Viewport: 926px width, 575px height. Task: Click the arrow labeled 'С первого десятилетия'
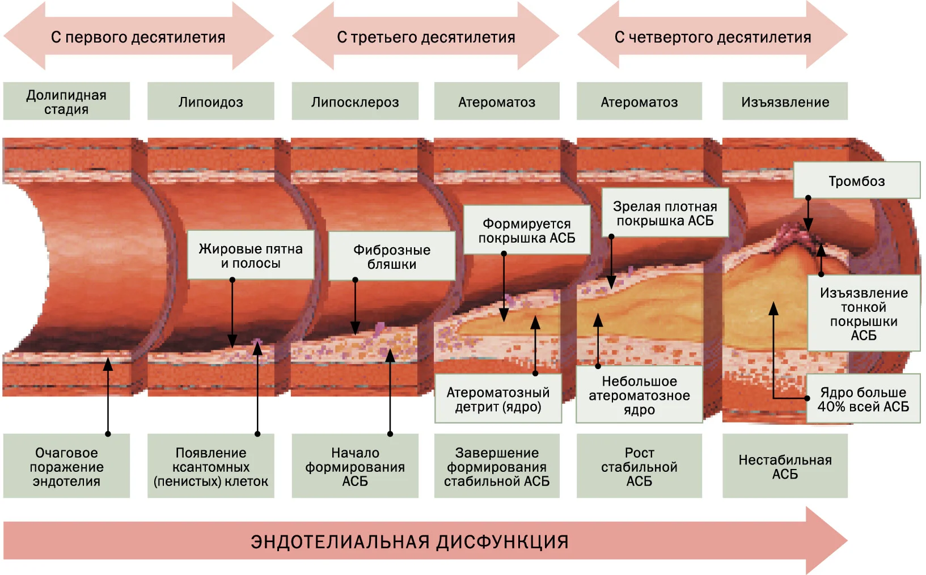pos(138,36)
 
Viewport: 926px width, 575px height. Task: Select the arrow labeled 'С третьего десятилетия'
pos(426,36)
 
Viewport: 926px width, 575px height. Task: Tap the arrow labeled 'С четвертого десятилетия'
pos(713,36)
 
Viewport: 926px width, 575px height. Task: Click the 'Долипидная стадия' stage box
pos(66,102)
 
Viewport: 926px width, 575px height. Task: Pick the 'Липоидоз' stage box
pos(211,102)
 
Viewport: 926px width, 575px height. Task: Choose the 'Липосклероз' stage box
pos(355,102)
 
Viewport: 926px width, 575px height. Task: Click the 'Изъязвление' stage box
pos(785,102)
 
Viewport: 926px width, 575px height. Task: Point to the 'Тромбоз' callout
pos(857,180)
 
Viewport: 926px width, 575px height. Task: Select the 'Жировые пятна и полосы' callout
pos(251,255)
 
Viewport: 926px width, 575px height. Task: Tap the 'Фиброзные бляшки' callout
pos(392,256)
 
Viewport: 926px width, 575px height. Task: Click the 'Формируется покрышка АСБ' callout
pos(527,230)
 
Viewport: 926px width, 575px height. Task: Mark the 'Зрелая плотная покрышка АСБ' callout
pos(665,213)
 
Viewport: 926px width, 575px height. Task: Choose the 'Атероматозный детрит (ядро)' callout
pos(498,399)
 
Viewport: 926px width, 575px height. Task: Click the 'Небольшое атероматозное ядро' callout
pos(639,394)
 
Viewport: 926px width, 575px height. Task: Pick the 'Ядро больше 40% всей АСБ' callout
pos(863,399)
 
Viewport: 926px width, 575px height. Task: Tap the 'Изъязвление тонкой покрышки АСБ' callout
pos(864,314)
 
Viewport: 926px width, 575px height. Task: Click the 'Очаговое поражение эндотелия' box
pos(66,466)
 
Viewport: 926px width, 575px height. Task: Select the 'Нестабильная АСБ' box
pos(785,466)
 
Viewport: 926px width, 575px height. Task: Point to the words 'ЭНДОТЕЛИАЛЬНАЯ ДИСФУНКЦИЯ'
pos(409,542)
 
